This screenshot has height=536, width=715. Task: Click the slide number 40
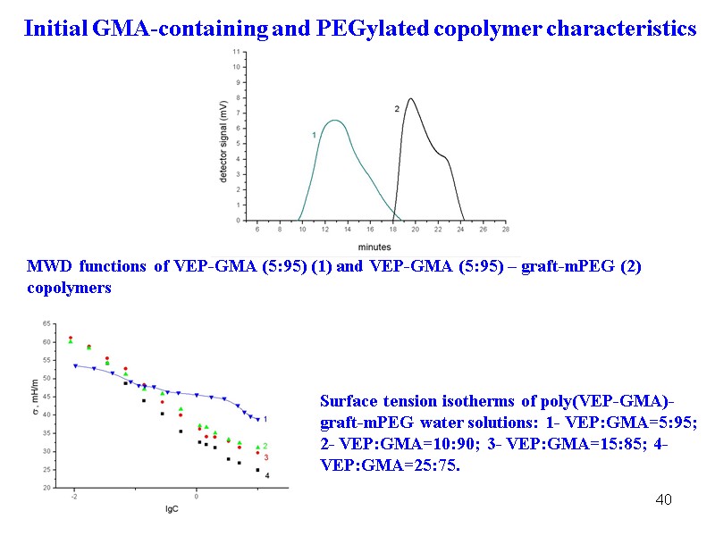pos(663,498)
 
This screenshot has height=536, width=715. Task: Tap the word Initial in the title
pos(55,29)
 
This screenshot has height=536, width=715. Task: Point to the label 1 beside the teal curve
pos(314,134)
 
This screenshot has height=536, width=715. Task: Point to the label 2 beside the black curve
pos(396,108)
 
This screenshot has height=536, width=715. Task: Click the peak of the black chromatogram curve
pos(410,99)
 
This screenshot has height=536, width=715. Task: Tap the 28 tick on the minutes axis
pos(506,230)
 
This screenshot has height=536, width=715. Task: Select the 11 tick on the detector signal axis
pos(236,52)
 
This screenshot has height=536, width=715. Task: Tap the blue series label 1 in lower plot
pos(266,419)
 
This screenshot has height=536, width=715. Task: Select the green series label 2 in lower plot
pos(266,446)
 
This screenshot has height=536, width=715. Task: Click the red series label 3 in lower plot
pos(266,457)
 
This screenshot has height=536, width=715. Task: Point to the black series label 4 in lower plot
pos(267,475)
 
